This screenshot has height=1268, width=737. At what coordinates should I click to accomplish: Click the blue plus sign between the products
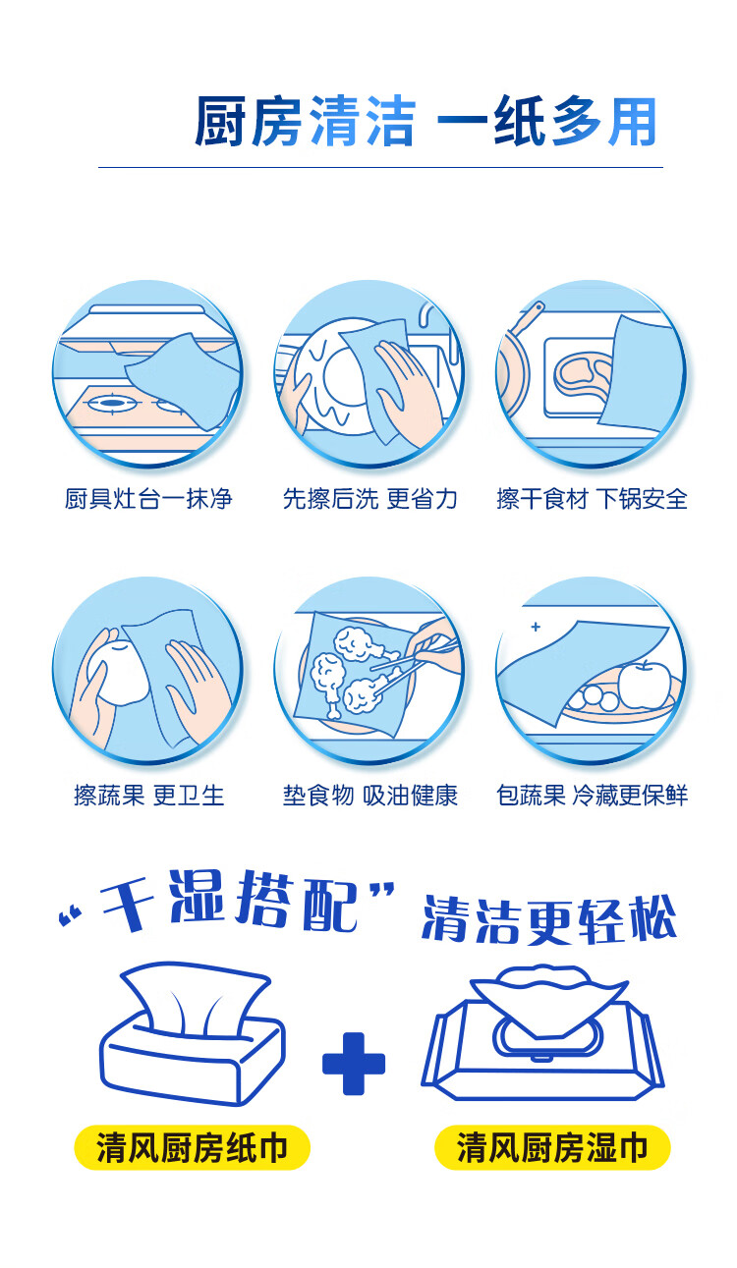click(x=354, y=1063)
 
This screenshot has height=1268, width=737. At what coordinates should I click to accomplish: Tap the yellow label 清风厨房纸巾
click(x=192, y=1147)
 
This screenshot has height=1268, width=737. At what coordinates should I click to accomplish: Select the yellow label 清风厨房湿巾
click(x=552, y=1147)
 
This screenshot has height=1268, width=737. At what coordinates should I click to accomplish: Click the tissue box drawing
click(x=192, y=1036)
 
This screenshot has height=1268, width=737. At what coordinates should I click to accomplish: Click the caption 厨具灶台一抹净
click(x=148, y=499)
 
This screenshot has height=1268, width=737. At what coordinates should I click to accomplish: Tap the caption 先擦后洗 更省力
click(x=369, y=499)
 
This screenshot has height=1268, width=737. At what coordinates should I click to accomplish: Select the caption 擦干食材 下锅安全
click(x=592, y=499)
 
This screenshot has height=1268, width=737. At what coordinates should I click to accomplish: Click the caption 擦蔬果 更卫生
click(x=148, y=795)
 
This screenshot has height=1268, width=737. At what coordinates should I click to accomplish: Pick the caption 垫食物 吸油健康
click(x=369, y=795)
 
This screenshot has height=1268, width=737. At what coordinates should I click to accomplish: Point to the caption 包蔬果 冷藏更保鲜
click(x=592, y=795)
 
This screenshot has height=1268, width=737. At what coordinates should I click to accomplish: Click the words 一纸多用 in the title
click(x=545, y=125)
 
